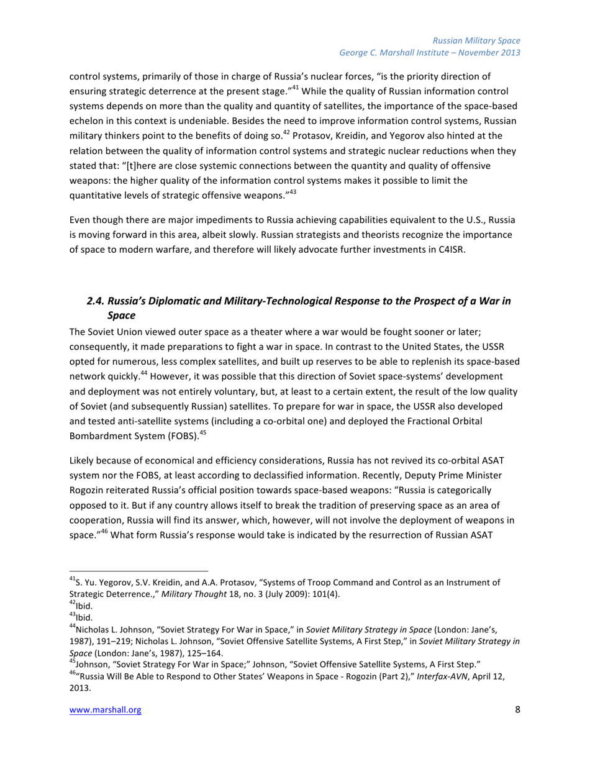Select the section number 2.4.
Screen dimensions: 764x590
(96, 301)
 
